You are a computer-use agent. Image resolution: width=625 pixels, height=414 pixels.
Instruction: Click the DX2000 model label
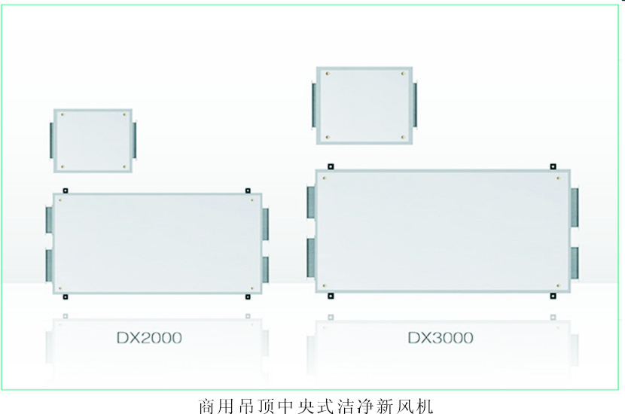(150, 338)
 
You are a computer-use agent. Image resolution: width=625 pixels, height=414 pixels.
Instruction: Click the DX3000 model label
(441, 338)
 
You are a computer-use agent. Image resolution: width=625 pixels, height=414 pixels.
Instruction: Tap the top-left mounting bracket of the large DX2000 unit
(66, 191)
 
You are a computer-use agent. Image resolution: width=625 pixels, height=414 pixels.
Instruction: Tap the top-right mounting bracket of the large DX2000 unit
(248, 191)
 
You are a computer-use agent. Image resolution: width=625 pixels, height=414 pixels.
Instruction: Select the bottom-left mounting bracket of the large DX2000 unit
(66, 297)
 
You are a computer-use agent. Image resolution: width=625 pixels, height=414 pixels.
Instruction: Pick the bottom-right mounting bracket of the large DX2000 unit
(248, 297)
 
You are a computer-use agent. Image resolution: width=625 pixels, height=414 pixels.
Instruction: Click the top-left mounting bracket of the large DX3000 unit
(331, 166)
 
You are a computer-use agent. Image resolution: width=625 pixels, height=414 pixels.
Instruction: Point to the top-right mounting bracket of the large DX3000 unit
(553, 166)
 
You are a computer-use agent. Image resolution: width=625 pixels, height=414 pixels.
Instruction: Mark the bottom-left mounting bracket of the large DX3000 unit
(331, 296)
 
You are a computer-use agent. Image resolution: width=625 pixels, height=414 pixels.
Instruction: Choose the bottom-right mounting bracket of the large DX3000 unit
(553, 296)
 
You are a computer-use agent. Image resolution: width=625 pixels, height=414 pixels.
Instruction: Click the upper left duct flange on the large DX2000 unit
(50, 220)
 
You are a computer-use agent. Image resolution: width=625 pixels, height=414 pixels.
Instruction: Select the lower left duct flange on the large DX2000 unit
(50, 266)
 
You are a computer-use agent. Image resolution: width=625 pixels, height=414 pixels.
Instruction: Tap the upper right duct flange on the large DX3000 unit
(575, 207)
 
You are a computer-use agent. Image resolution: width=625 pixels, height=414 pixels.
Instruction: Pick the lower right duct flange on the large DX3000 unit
(575, 263)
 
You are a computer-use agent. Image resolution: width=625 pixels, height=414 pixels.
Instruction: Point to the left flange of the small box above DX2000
(52, 140)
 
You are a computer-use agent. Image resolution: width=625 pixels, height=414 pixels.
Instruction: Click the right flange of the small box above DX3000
(415, 105)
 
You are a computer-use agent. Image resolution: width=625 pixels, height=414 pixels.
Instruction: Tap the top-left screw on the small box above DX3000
(328, 74)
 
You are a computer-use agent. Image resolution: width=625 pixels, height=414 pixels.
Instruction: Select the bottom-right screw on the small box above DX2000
(124, 166)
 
